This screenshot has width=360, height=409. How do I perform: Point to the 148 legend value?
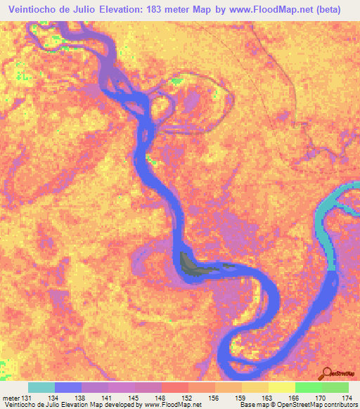tap(154, 397)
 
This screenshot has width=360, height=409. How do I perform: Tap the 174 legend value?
tap(345, 397)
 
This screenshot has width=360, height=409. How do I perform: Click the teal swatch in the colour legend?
tap(41, 387)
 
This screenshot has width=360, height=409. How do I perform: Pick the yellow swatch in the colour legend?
tap(281, 387)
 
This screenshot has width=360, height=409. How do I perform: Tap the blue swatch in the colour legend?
tap(67, 387)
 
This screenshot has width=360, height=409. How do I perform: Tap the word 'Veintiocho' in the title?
tap(35, 10)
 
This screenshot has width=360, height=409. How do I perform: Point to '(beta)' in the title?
tap(328, 10)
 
